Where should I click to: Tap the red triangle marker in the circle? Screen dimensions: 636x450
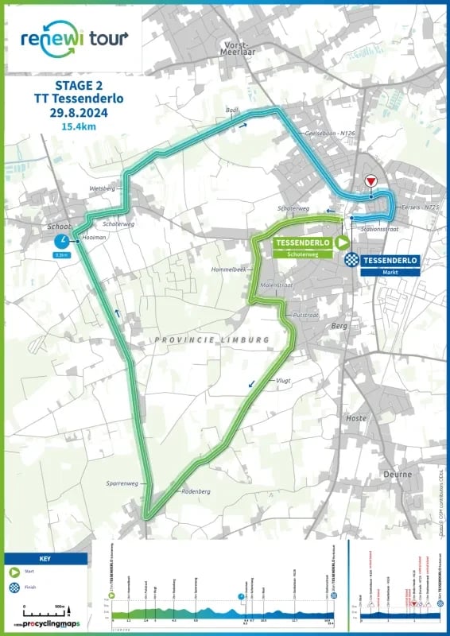click(370, 182)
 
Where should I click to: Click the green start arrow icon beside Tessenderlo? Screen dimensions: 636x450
click(342, 242)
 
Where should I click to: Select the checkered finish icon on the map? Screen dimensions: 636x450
click(351, 259)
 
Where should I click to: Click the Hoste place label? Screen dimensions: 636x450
click(357, 417)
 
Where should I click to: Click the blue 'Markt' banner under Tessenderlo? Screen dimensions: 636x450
click(390, 272)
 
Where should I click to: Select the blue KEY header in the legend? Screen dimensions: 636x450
click(45, 558)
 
